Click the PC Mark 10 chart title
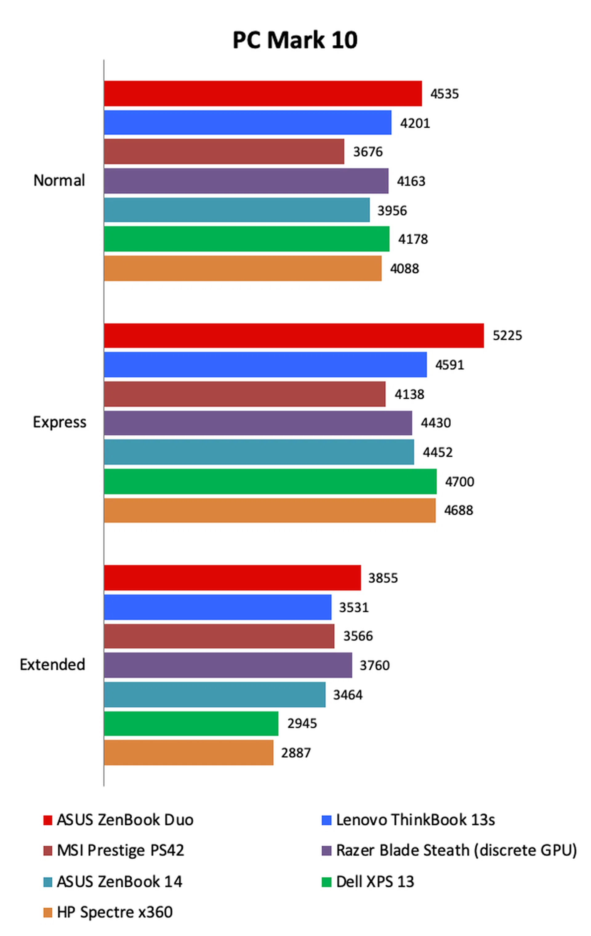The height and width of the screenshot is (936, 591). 295,40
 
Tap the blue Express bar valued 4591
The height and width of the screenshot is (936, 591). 265,364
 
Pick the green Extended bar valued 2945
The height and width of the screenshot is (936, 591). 191,723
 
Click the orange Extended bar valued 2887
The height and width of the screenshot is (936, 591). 188,753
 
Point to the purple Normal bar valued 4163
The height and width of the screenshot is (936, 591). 246,181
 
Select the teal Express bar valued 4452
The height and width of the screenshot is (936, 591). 259,452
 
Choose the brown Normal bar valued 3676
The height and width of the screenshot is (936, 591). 224,152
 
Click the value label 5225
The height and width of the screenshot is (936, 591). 507,336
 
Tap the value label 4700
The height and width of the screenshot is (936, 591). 459,482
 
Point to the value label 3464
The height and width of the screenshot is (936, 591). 348,694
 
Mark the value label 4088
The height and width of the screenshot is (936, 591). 404,269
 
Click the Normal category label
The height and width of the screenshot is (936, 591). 59,180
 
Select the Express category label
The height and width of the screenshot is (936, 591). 59,422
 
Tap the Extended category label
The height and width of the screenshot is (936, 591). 53,665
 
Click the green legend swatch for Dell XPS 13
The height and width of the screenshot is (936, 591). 326,882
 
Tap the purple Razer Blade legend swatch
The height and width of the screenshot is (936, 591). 326,850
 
